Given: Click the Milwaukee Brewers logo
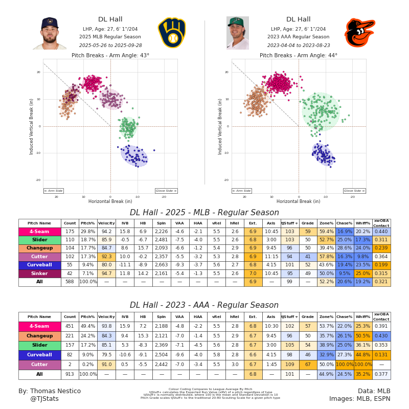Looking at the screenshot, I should click(x=172, y=33).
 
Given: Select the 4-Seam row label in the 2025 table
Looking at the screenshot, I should click(x=39, y=232).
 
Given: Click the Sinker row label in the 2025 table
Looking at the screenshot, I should click(x=39, y=273).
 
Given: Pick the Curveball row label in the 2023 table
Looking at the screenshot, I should click(x=39, y=355).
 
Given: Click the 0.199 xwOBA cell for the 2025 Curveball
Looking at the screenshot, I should click(x=381, y=265).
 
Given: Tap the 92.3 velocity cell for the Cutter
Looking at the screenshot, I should click(x=106, y=257).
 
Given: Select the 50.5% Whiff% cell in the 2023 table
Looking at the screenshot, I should click(x=362, y=336).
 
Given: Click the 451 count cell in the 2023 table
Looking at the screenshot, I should click(x=70, y=326).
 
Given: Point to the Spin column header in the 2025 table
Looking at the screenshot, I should click(x=161, y=223).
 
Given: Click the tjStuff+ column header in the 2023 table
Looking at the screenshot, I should click(x=289, y=316).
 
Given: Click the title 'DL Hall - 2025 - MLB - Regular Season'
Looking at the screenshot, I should click(x=204, y=213).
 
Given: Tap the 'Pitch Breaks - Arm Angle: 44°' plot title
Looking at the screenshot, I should click(x=299, y=55).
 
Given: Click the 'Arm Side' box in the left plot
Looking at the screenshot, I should click(x=53, y=191).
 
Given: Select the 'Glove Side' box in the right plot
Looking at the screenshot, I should click(x=354, y=191).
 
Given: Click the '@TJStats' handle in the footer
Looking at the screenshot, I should click(x=44, y=399).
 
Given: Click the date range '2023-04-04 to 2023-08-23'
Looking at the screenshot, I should click(x=299, y=45).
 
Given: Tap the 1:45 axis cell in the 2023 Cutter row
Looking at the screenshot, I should click(x=271, y=365).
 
